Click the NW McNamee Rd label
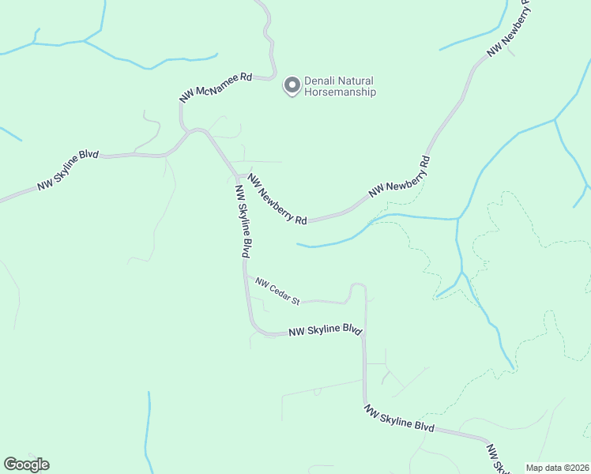[x=215, y=86]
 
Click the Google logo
[x=26, y=465]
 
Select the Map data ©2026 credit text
[x=557, y=468]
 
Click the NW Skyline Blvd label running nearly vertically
[x=243, y=220]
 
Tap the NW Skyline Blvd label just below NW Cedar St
[x=325, y=332]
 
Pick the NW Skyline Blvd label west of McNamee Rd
[x=68, y=171]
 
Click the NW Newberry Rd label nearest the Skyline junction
[x=277, y=199]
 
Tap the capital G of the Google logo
[x=10, y=465]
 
